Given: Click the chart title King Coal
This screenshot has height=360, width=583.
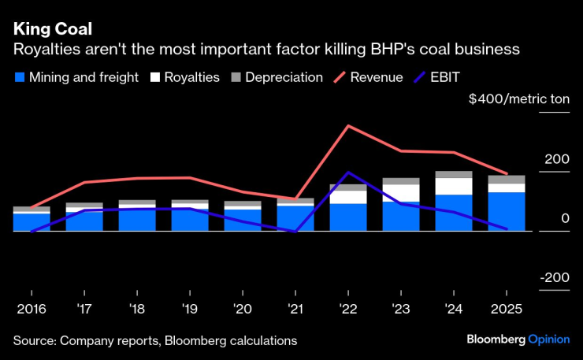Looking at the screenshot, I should [x=52, y=29].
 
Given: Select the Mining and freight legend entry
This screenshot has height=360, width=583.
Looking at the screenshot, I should [x=76, y=78].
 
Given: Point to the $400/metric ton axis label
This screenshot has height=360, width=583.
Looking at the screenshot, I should [x=518, y=100].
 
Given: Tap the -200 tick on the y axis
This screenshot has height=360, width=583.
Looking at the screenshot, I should [x=554, y=278].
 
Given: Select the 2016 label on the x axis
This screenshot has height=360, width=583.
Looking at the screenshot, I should [x=31, y=309].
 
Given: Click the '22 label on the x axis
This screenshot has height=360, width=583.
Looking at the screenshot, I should [x=347, y=309].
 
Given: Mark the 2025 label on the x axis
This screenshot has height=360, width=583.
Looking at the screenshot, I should [x=506, y=309].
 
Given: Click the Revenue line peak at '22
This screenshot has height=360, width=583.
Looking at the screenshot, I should [x=348, y=126].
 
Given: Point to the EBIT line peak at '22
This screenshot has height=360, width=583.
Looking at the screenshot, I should [x=348, y=173].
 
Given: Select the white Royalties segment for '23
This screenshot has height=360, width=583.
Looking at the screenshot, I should [x=400, y=193].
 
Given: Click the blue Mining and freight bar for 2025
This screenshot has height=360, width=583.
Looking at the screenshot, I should [x=506, y=211].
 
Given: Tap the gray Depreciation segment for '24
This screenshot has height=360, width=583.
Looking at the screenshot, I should [x=453, y=175].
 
